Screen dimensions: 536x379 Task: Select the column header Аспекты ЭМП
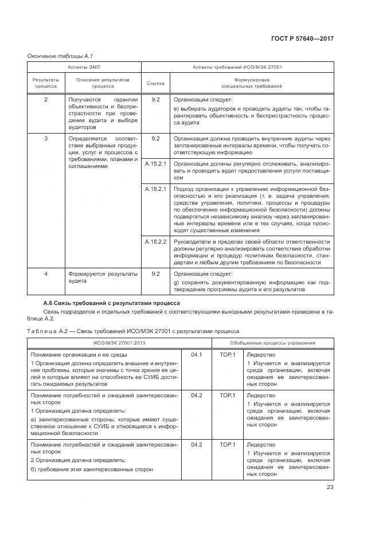pyautogui.click(x=84, y=67)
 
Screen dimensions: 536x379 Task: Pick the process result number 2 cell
pyautogui.click(x=46, y=100)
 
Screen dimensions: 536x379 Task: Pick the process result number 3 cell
pyautogui.click(x=46, y=138)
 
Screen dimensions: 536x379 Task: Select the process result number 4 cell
pyautogui.click(x=46, y=274)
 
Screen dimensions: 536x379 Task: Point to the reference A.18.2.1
pyautogui.click(x=155, y=189)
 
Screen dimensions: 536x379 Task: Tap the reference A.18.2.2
pyautogui.click(x=155, y=242)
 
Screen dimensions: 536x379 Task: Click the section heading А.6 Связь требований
pyautogui.click(x=112, y=303)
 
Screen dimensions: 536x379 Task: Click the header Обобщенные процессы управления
pyautogui.click(x=272, y=343)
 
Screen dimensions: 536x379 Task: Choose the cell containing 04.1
pyautogui.click(x=197, y=355)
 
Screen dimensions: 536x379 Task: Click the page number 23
pyautogui.click(x=330, y=487)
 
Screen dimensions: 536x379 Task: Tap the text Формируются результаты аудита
pyautogui.click(x=103, y=277)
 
